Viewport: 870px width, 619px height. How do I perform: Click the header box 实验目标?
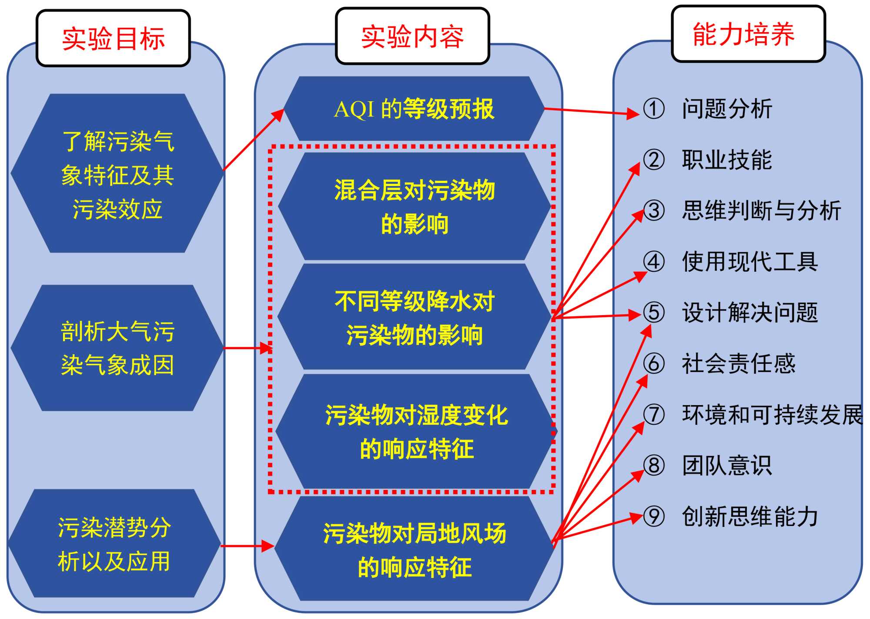113,38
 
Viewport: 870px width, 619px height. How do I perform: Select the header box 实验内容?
412,36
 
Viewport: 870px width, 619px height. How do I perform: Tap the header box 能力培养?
748,34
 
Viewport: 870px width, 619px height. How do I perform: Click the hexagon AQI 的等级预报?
414,109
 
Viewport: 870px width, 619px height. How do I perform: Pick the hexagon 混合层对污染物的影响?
414,206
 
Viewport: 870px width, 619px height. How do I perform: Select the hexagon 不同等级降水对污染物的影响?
414,317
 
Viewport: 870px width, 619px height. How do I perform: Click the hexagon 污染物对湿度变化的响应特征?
416,431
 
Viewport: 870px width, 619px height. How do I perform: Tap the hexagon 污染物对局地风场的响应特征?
414,549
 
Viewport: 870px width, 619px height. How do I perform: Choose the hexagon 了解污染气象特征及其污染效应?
117,174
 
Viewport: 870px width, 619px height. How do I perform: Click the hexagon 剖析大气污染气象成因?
117,348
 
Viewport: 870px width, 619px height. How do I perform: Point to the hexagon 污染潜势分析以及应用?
114,543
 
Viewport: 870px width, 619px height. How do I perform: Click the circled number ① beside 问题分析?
654,109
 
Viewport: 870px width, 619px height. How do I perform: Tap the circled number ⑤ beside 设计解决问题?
654,313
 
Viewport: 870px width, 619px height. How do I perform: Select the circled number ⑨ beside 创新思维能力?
654,516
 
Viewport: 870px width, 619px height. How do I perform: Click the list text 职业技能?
727,160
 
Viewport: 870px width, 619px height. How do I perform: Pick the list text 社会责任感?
739,363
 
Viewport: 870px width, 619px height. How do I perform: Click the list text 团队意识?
727,466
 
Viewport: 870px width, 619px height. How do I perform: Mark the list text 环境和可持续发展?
772,415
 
